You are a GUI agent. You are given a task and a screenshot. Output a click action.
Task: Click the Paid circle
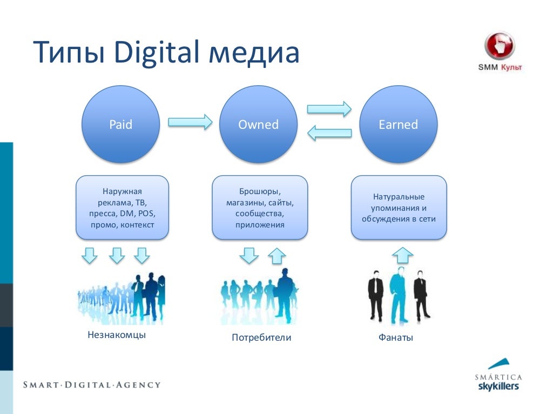120,125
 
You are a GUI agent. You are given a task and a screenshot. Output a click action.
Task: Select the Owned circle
258,125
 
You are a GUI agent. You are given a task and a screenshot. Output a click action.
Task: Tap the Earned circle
398,125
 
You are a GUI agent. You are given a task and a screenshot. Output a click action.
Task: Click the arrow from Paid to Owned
190,121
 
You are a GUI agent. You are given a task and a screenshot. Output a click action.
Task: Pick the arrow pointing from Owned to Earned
329,109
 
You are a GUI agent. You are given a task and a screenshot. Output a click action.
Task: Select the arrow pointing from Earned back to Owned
329,133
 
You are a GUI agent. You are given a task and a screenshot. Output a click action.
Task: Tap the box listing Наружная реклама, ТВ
122,208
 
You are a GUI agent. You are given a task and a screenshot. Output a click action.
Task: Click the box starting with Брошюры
260,208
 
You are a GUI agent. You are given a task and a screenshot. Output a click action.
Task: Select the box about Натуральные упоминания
399,208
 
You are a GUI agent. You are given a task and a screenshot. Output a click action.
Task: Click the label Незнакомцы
117,335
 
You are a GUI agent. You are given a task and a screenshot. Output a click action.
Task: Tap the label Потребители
261,338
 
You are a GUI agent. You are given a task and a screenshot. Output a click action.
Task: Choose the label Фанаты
395,338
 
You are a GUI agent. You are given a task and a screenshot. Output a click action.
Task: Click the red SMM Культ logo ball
500,46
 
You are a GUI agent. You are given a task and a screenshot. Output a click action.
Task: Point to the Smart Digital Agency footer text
92,385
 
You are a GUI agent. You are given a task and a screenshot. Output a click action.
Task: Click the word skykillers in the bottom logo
498,387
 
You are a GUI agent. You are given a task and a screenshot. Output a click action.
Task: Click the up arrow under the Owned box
276,255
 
